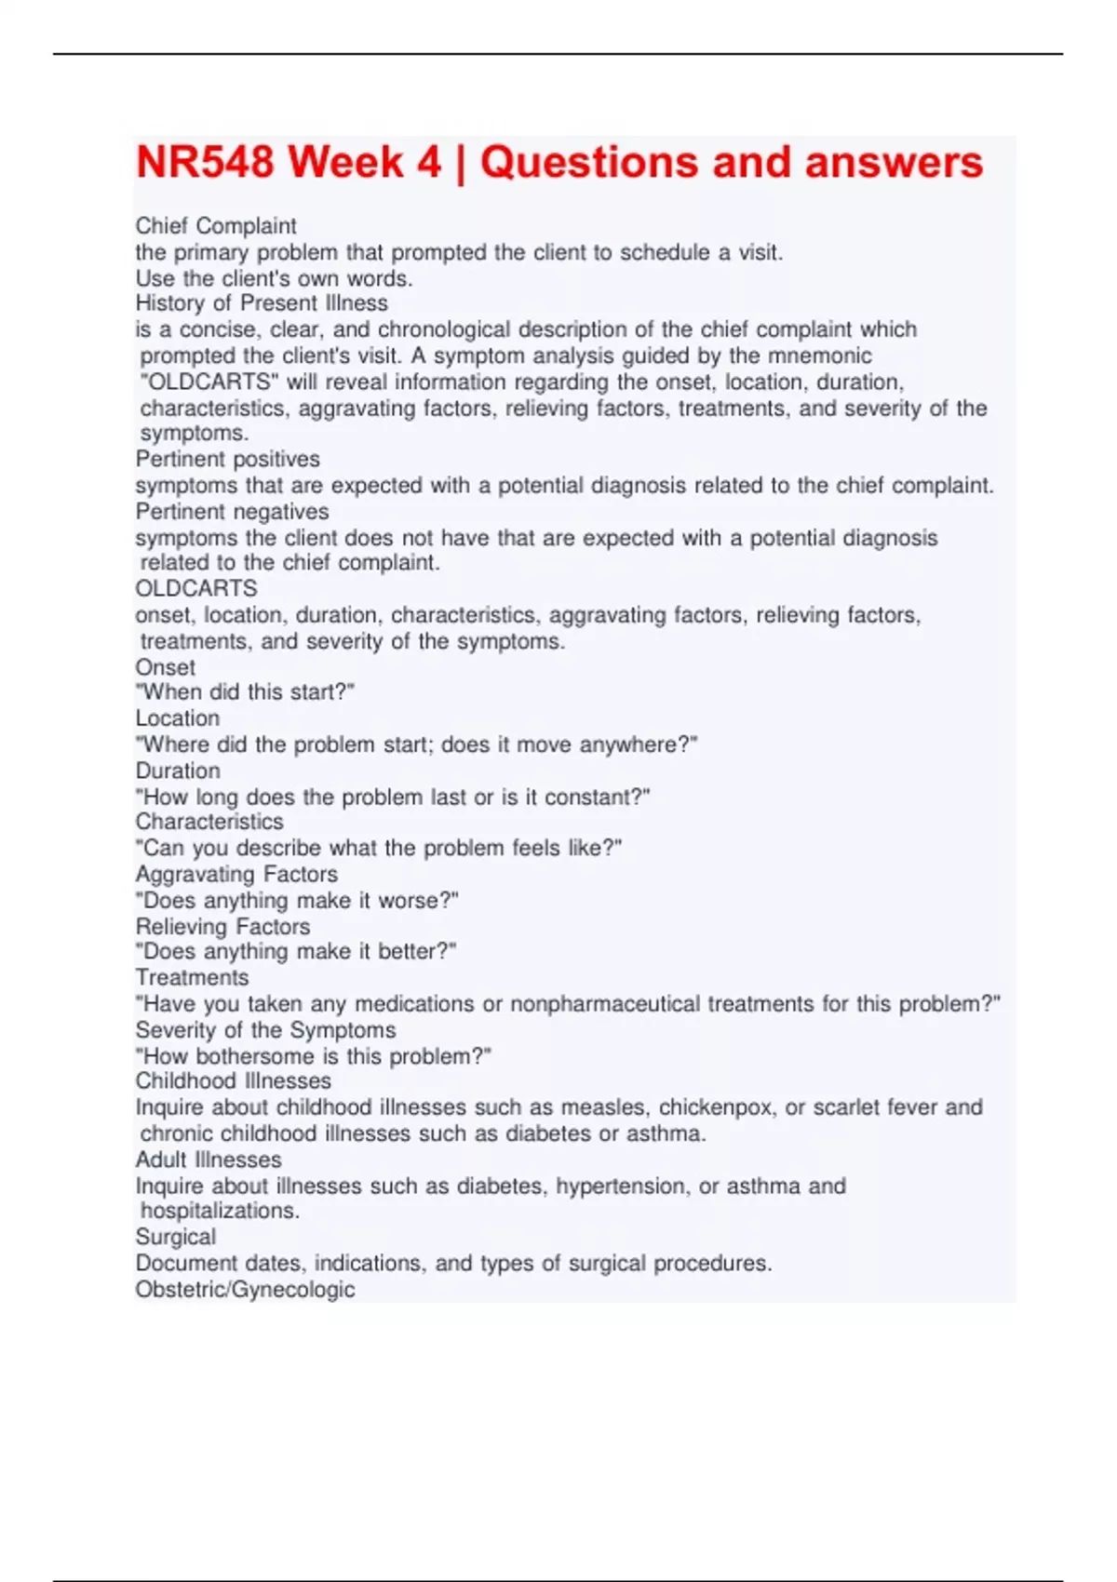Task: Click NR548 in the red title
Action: pyautogui.click(x=206, y=162)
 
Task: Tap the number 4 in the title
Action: pyautogui.click(x=428, y=162)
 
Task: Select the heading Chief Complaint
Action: pyautogui.click(x=216, y=226)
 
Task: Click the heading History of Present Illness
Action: pyautogui.click(x=262, y=303)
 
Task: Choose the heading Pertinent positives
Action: pyautogui.click(x=227, y=459)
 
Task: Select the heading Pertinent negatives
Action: pyautogui.click(x=232, y=512)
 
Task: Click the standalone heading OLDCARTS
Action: pyautogui.click(x=196, y=588)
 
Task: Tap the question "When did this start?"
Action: pyautogui.click(x=245, y=692)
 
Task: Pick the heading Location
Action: pyautogui.click(x=178, y=718)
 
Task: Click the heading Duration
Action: pyautogui.click(x=178, y=771)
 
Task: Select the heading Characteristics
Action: pyautogui.click(x=209, y=822)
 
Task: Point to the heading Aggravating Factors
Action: pyautogui.click(x=236, y=874)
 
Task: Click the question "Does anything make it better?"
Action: pyautogui.click(x=296, y=952)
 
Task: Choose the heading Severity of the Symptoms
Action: pyautogui.click(x=265, y=1030)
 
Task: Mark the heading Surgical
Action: pyautogui.click(x=175, y=1237)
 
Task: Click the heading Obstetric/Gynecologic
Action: pyautogui.click(x=245, y=1290)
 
